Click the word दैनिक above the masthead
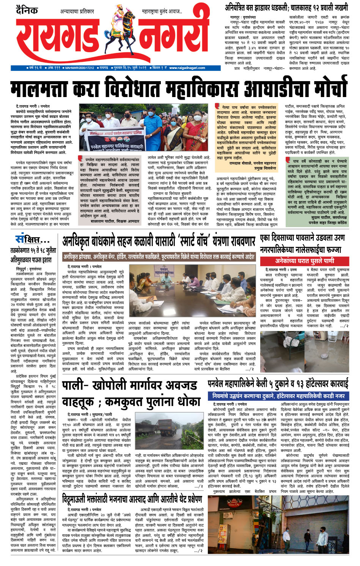pos(27,10)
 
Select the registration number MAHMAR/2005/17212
pos(80,68)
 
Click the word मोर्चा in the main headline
pos(323,88)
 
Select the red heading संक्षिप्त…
pos(32,240)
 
